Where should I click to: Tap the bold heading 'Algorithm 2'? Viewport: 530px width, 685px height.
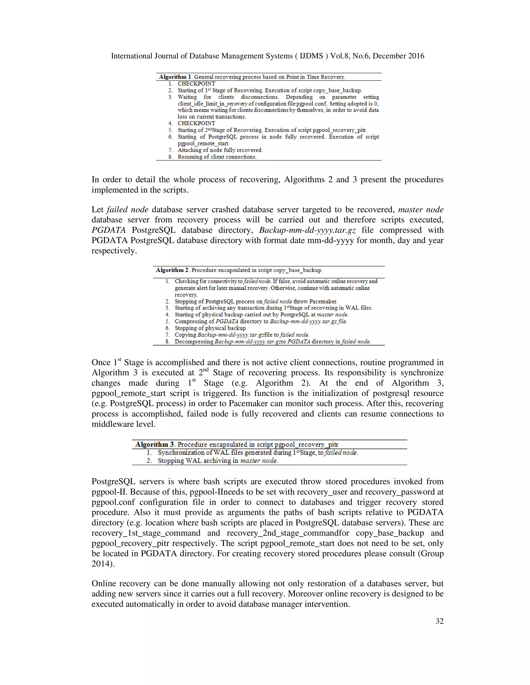[172, 270]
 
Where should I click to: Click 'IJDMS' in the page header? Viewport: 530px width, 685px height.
[312, 56]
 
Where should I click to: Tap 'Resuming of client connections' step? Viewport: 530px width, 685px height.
[217, 157]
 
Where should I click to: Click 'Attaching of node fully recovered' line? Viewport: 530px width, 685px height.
[220, 150]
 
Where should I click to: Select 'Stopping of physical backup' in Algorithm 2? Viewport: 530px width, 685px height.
[210, 328]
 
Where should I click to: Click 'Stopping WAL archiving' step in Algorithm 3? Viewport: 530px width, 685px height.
[218, 461]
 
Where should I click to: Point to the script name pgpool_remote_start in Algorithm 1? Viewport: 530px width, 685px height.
[203, 144]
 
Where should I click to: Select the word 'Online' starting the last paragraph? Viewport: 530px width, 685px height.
[104, 583]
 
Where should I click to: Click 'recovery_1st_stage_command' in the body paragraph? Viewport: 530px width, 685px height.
[146, 533]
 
